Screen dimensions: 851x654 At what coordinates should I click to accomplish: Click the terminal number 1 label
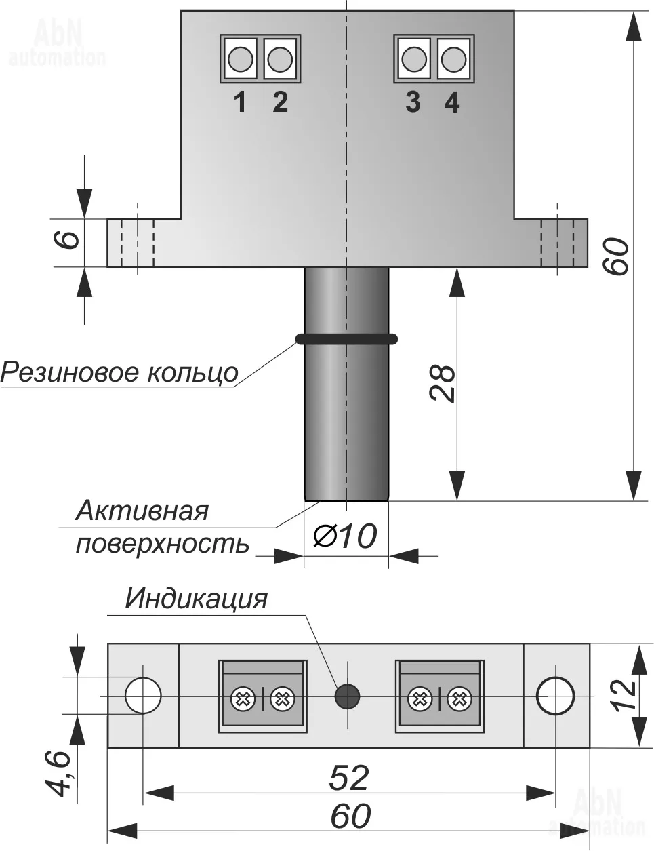pyautogui.click(x=240, y=102)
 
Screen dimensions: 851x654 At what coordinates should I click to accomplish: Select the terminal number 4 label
pyautogui.click(x=452, y=102)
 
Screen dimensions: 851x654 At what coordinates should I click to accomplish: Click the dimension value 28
pyautogui.click(x=443, y=384)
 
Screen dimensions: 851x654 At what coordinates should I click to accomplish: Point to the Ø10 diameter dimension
pyautogui.click(x=345, y=536)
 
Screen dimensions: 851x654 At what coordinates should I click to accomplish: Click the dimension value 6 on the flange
pyautogui.click(x=70, y=241)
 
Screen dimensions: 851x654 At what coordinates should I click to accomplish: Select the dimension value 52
pyautogui.click(x=348, y=777)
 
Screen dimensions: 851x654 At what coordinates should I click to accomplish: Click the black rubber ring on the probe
pyautogui.click(x=346, y=338)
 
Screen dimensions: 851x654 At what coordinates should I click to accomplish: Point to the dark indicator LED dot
pyautogui.click(x=347, y=696)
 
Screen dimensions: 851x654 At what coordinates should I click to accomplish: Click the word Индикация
pyautogui.click(x=196, y=599)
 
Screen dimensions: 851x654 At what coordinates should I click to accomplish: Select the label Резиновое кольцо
pyautogui.click(x=119, y=372)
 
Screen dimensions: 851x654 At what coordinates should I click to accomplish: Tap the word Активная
pyautogui.click(x=142, y=510)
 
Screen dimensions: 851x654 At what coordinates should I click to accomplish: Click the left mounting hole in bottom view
pyautogui.click(x=143, y=695)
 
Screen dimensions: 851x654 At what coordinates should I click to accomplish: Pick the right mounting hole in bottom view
pyautogui.click(x=555, y=695)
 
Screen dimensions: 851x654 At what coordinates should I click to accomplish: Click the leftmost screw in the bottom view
pyautogui.click(x=242, y=697)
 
